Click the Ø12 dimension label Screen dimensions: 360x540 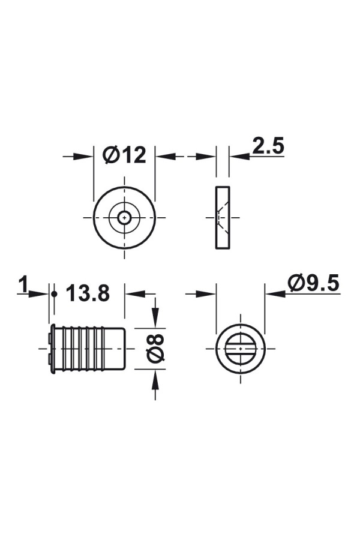[x=124, y=155]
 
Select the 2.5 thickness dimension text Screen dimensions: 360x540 [x=268, y=146]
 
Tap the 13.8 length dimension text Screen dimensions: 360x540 [x=88, y=293]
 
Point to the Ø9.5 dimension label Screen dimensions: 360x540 [x=313, y=283]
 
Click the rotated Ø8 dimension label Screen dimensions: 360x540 [x=155, y=348]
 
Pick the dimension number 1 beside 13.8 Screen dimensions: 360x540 [x=23, y=285]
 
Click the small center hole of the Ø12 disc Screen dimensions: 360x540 [x=124, y=217]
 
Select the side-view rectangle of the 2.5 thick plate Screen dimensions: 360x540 [x=223, y=217]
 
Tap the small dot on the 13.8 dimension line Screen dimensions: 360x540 [x=54, y=294]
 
